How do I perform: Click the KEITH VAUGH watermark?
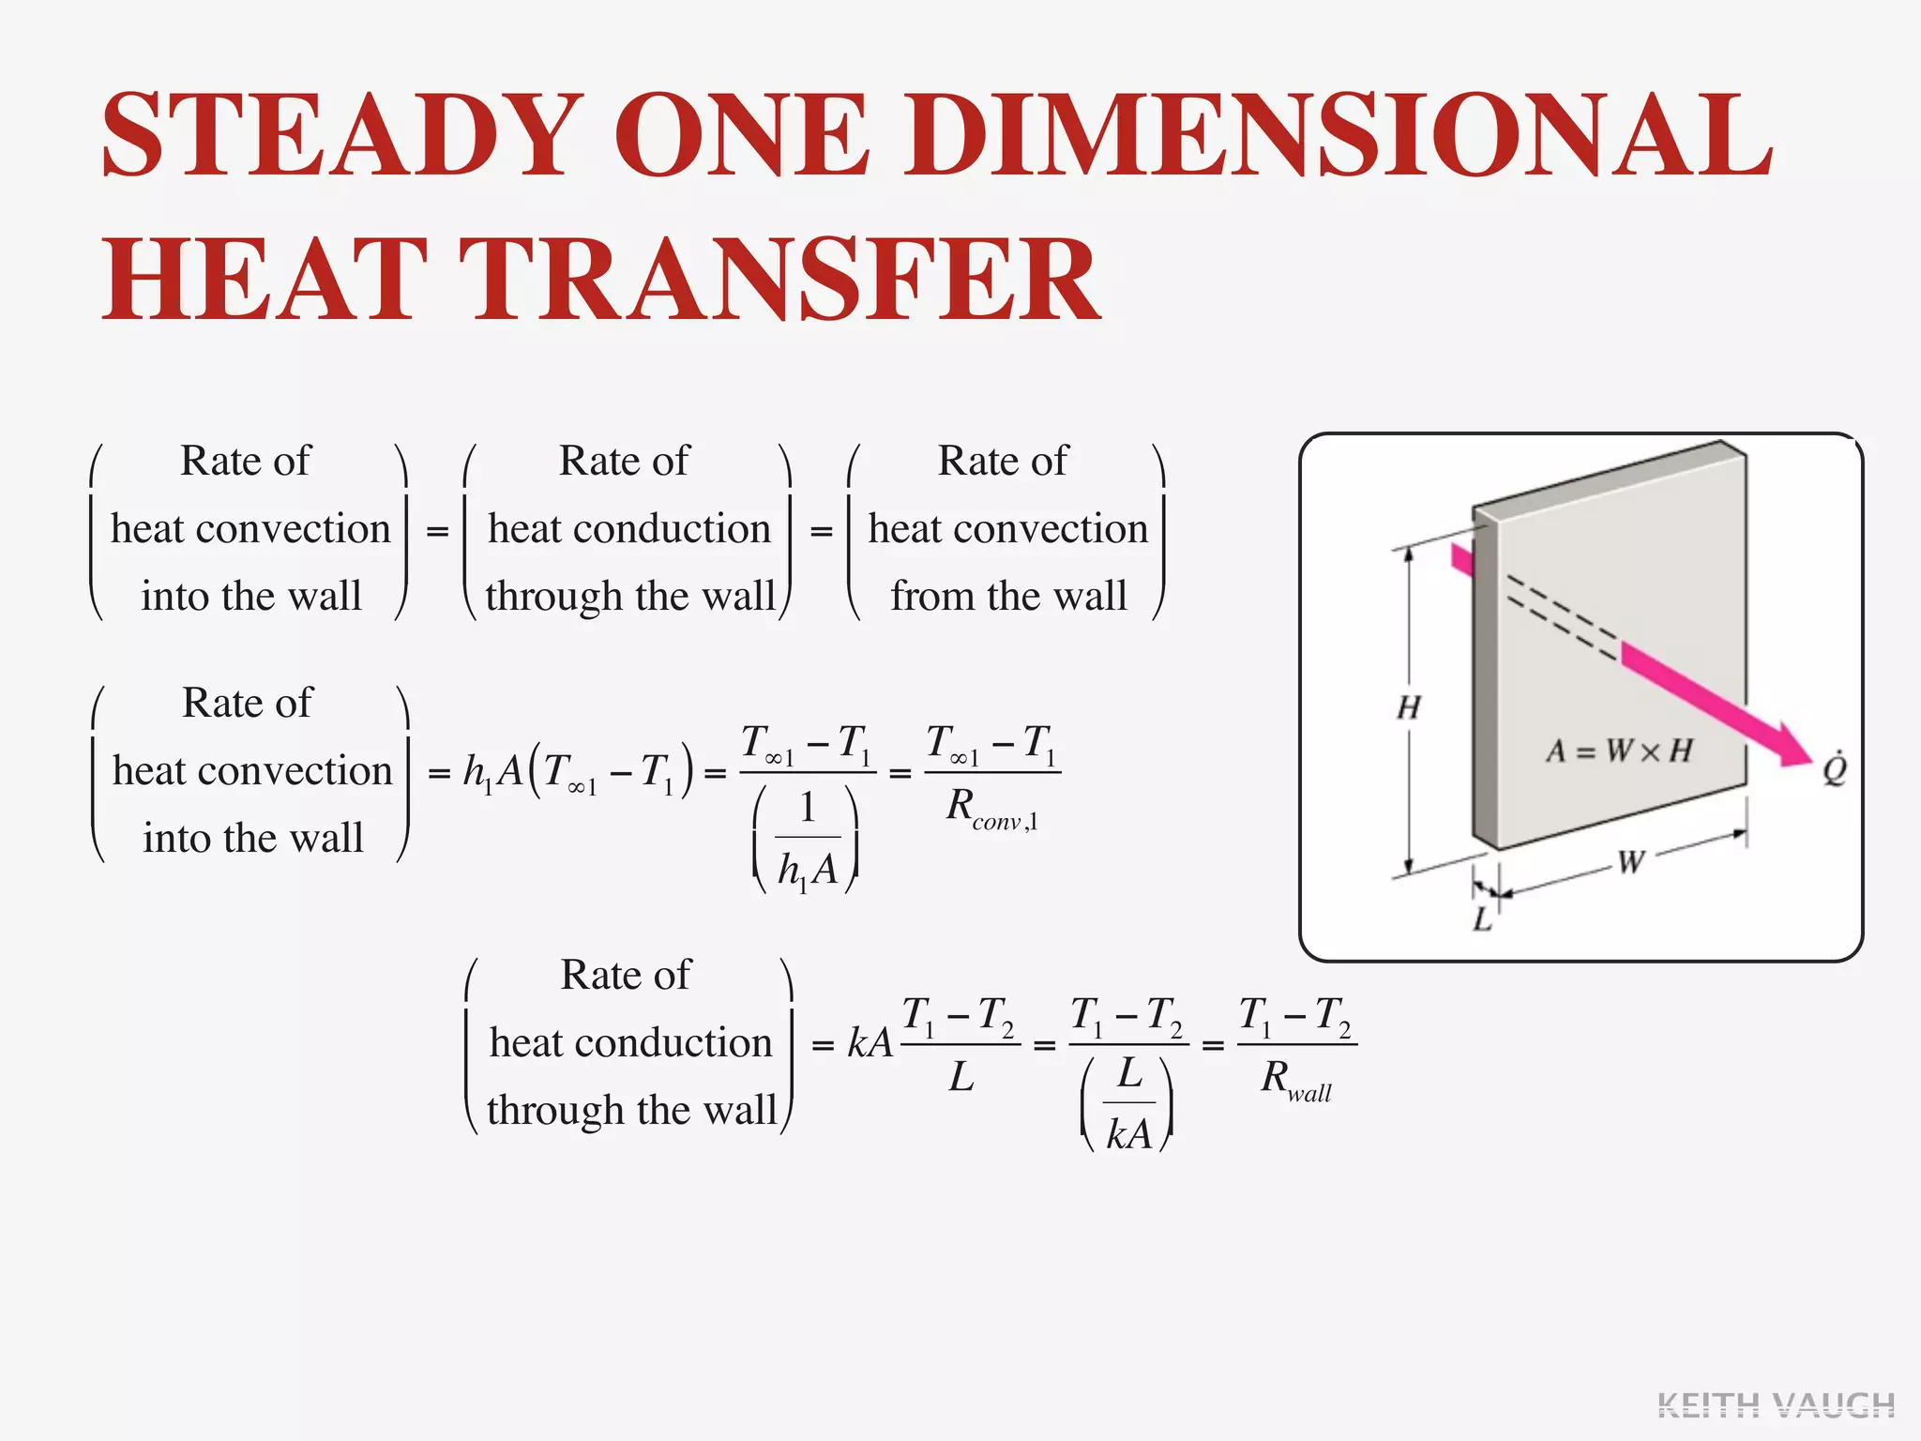pyautogui.click(x=1776, y=1405)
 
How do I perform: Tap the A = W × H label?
pyautogui.click(x=1619, y=751)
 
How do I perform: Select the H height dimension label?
pyautogui.click(x=1408, y=707)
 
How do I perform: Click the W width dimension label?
pyautogui.click(x=1630, y=861)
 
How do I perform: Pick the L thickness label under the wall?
pyautogui.click(x=1482, y=919)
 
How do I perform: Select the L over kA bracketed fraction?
pyautogui.click(x=1128, y=1105)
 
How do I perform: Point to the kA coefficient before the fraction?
pyautogui.click(x=870, y=1042)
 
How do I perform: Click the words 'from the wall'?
pyautogui.click(x=1008, y=597)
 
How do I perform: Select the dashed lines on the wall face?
pyautogui.click(x=1562, y=614)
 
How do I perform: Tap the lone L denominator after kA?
pyautogui.click(x=960, y=1077)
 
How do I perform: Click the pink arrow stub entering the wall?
pyautogui.click(x=1461, y=560)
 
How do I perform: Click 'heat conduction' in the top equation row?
pyautogui.click(x=629, y=529)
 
